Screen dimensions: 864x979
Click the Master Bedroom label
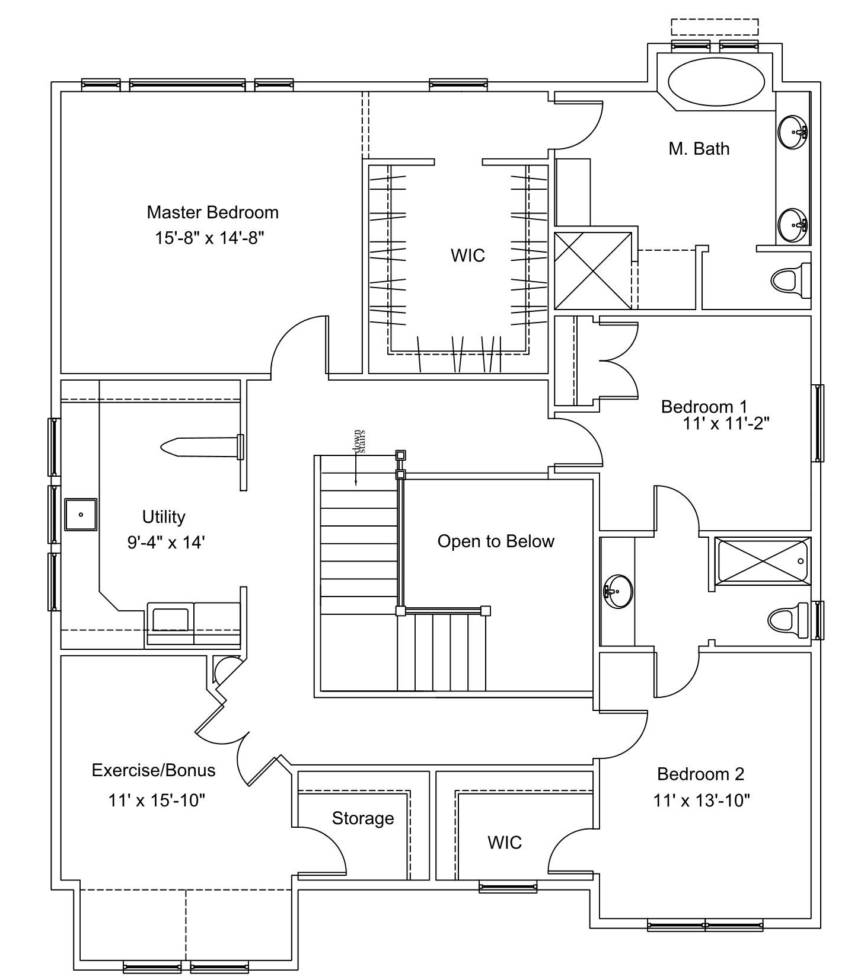pos(212,212)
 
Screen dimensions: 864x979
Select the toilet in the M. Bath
pos(790,280)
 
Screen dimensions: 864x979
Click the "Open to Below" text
pos(496,541)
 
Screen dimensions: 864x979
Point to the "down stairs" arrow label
pos(359,442)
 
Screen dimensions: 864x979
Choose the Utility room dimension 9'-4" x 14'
pos(166,542)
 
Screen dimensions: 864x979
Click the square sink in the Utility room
pos(81,514)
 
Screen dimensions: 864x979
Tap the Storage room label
pos(363,818)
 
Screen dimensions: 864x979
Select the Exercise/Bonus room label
pos(154,770)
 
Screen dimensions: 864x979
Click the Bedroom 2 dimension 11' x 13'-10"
pos(702,801)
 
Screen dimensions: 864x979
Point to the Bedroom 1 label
pos(704,407)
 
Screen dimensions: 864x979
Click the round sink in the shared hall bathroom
pos(618,591)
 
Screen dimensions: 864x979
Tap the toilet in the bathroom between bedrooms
pos(788,620)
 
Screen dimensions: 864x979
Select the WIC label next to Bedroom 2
pos(505,842)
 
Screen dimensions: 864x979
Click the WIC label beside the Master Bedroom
pos(468,256)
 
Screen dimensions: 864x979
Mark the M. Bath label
pos(699,148)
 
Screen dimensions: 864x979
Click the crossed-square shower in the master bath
pos(593,270)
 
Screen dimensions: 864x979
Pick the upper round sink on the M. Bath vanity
pos(793,132)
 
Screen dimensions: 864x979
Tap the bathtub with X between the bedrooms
pos(763,560)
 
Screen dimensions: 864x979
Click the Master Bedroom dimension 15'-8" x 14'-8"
pos(209,238)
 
